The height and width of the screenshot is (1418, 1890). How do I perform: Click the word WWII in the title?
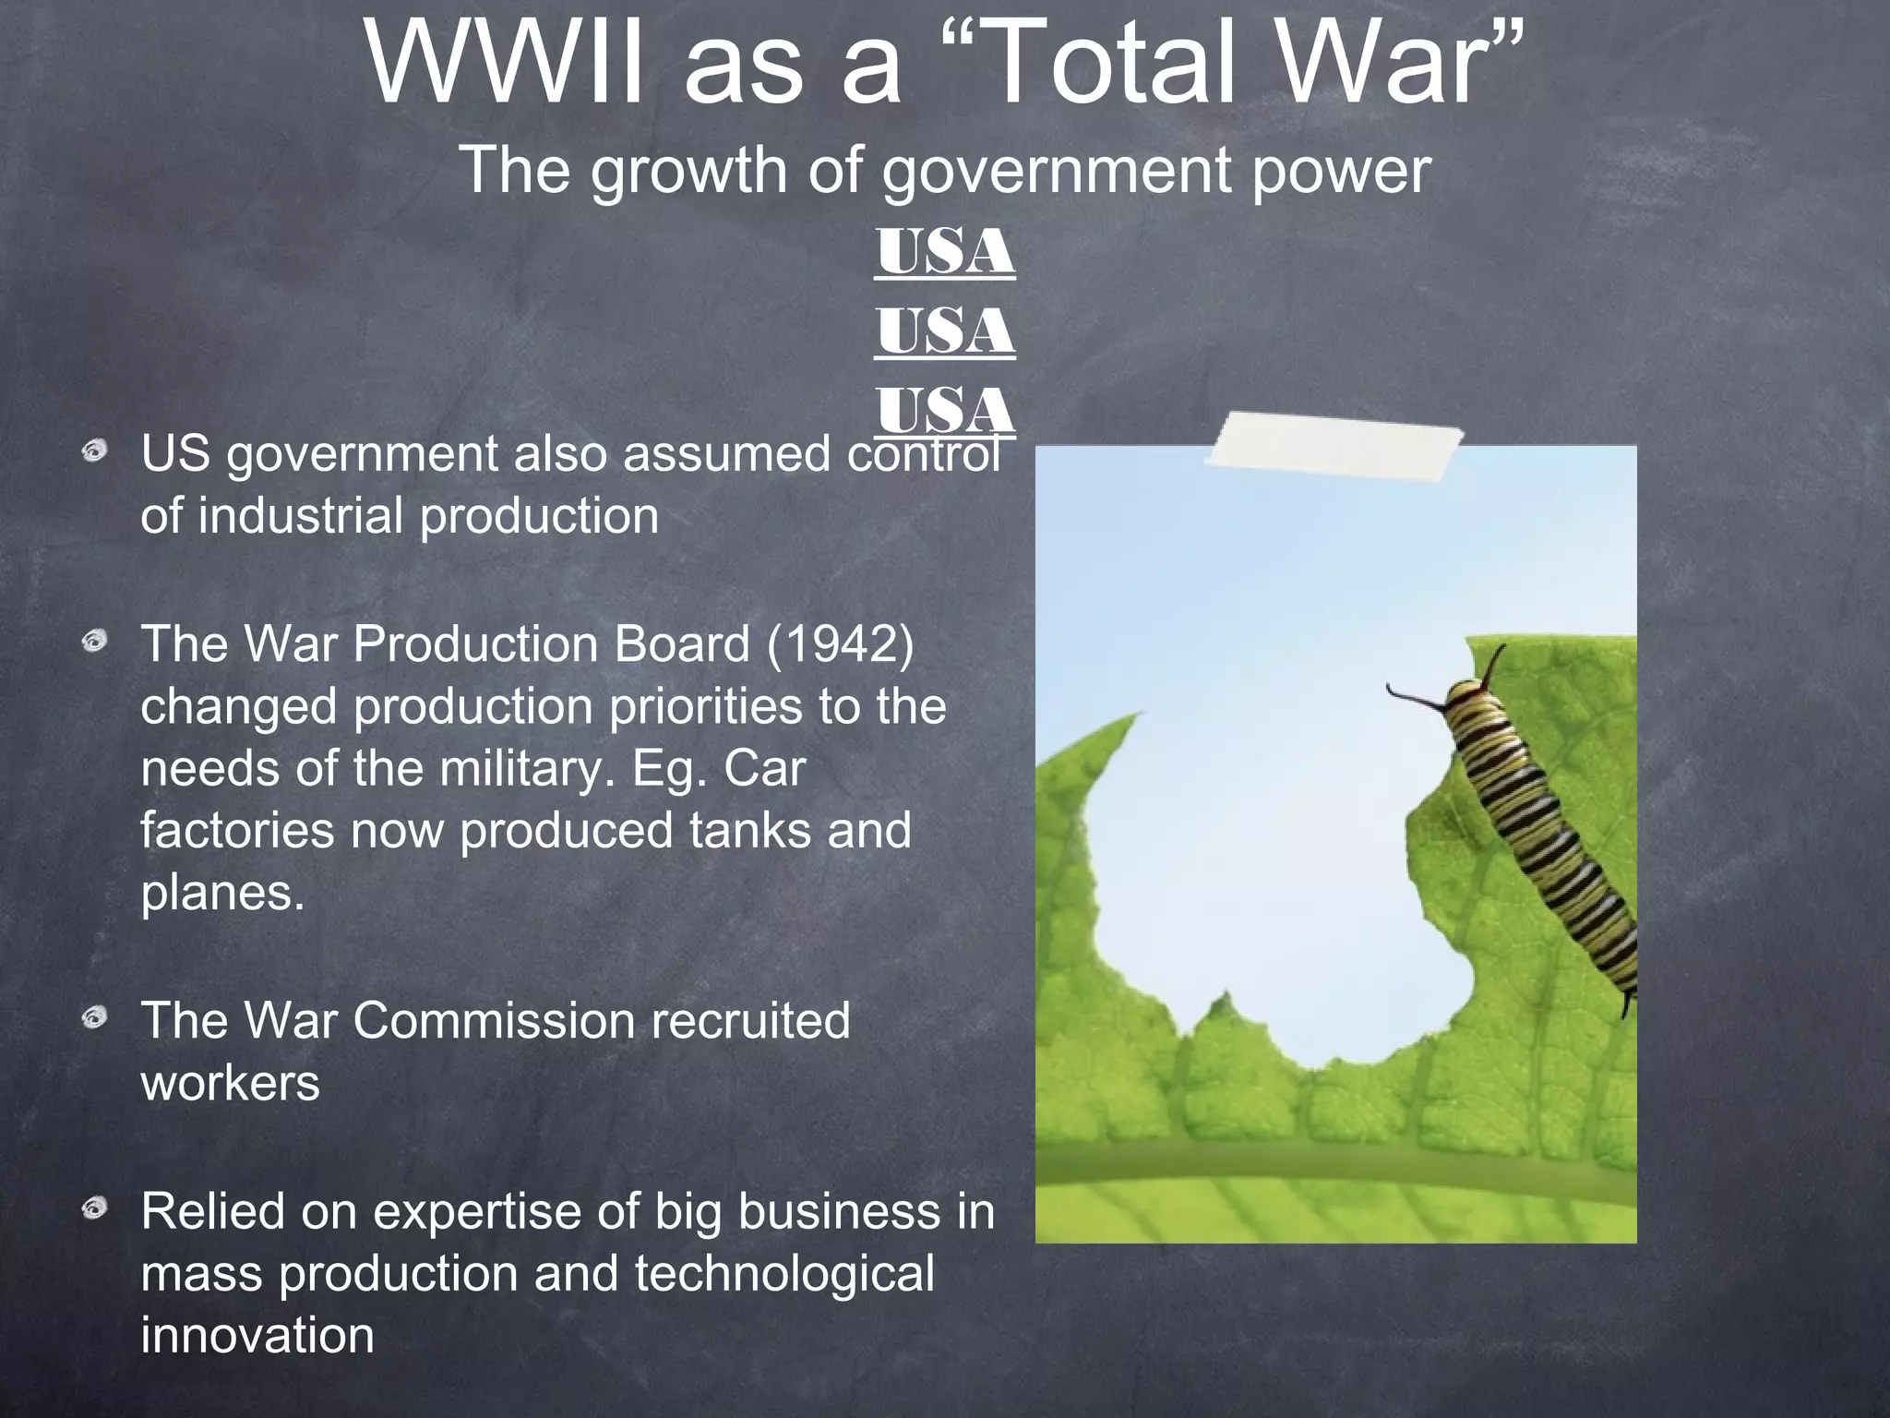pyautogui.click(x=504, y=65)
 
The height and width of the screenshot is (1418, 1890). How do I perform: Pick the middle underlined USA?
pyautogui.click(x=945, y=331)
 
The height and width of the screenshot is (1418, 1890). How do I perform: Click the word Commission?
pyautogui.click(x=494, y=1021)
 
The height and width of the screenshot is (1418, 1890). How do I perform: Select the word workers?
pyautogui.click(x=230, y=1083)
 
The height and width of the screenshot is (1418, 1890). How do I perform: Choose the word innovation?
pyautogui.click(x=257, y=1335)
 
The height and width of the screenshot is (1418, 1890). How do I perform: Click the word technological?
pyautogui.click(x=784, y=1274)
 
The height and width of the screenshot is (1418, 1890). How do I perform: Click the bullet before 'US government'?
pyautogui.click(x=94, y=452)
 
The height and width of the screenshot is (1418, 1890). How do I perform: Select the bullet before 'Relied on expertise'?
pyautogui.click(x=94, y=1208)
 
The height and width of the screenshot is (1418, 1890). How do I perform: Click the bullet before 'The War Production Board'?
pyautogui.click(x=94, y=642)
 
